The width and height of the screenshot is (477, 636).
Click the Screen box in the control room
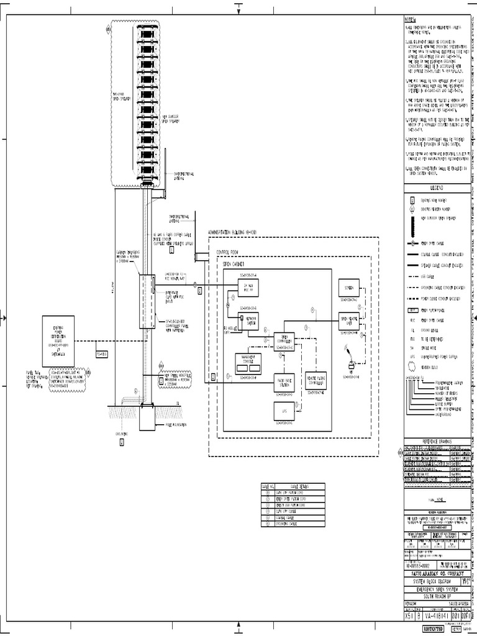coord(349,288)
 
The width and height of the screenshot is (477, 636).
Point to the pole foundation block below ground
coord(148,418)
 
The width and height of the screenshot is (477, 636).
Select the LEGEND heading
coord(434,187)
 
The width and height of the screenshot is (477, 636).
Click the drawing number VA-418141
coord(434,611)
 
